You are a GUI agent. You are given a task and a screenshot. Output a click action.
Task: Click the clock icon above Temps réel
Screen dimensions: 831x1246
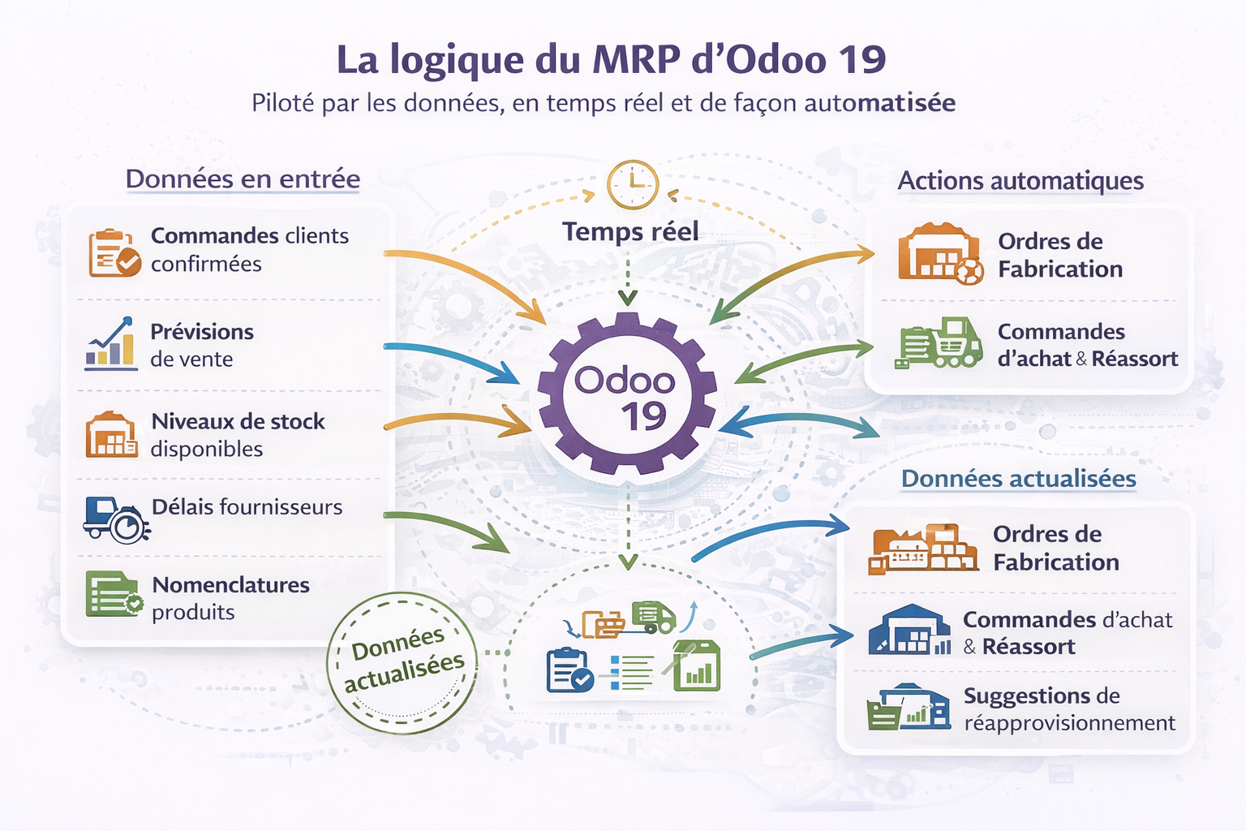click(x=633, y=185)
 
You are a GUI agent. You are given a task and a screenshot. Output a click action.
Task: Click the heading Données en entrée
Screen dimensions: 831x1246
click(x=243, y=179)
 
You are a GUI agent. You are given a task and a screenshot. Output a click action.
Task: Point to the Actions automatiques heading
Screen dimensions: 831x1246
click(x=1020, y=180)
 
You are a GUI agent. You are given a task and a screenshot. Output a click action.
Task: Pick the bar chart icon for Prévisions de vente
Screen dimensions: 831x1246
click(x=111, y=344)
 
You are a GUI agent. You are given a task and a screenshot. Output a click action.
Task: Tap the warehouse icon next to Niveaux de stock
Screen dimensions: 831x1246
click(x=111, y=435)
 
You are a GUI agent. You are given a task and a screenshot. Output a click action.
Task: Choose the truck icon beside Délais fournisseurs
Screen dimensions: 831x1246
click(x=115, y=519)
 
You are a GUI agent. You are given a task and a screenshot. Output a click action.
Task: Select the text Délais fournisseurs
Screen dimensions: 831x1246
click(x=247, y=507)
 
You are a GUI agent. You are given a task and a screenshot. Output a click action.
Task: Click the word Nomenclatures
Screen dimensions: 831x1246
click(x=231, y=585)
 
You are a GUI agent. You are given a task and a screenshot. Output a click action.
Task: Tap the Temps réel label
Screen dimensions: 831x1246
click(x=630, y=232)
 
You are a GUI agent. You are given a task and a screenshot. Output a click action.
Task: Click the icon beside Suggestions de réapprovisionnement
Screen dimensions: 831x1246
click(x=909, y=708)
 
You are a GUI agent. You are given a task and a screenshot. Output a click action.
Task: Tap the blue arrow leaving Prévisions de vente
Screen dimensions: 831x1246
click(x=454, y=358)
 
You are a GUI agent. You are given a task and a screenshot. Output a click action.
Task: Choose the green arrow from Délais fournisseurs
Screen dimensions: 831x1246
click(x=450, y=527)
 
